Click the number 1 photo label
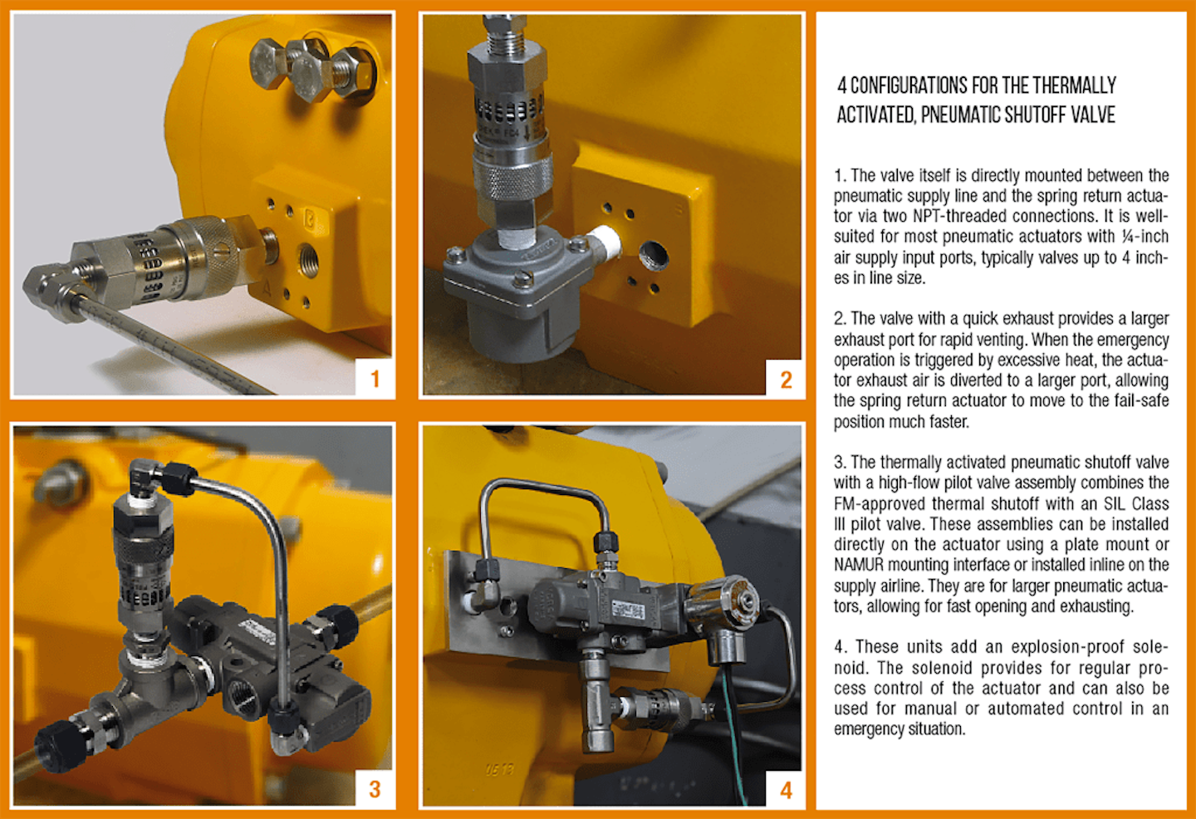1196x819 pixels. tap(375, 379)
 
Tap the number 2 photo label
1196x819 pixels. tap(786, 380)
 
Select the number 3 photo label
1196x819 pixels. tap(375, 789)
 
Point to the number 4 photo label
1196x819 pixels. tap(786, 790)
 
